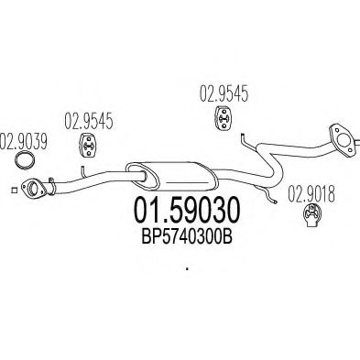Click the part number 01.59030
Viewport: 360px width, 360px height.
pyautogui.click(x=187, y=210)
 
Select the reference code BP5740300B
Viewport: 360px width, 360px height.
pyautogui.click(x=187, y=236)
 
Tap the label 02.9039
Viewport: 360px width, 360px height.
pyautogui.click(x=23, y=142)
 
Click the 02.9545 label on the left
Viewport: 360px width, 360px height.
pyautogui.click(x=89, y=121)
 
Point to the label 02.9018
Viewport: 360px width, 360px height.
pyautogui.click(x=311, y=194)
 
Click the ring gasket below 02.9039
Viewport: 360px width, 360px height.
pyautogui.click(x=26, y=160)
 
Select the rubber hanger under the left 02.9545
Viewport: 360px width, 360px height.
pyautogui.click(x=89, y=145)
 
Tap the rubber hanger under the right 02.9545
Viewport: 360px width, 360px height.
pyautogui.click(x=224, y=117)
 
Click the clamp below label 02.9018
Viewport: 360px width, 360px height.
pyautogui.click(x=311, y=216)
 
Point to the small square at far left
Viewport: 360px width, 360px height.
pyautogui.click(x=14, y=190)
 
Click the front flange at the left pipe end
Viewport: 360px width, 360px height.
pyautogui.click(x=33, y=189)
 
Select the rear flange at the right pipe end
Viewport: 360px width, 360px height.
pyautogui.click(x=343, y=139)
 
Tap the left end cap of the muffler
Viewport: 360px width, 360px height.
pyautogui.click(x=142, y=176)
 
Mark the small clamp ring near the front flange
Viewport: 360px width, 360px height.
pyautogui.click(x=51, y=186)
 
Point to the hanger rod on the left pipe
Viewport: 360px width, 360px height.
pyautogui.click(x=83, y=172)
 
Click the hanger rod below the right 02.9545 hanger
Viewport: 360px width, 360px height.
pyautogui.click(x=247, y=141)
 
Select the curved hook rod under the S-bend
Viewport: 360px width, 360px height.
pyautogui.click(x=266, y=193)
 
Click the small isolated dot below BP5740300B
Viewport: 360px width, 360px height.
pyautogui.click(x=187, y=269)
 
